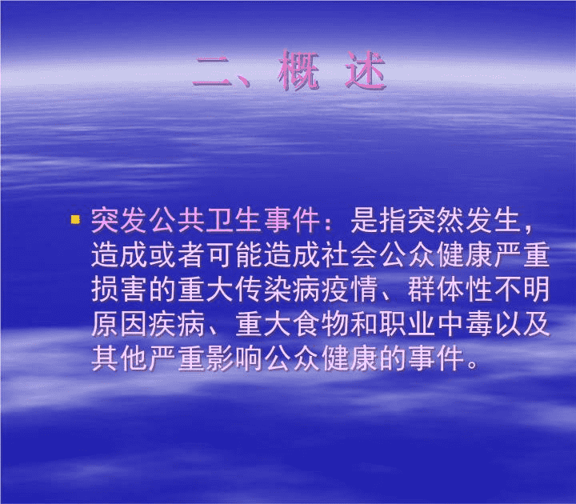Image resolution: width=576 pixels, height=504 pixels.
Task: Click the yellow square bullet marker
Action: pyautogui.click(x=75, y=220)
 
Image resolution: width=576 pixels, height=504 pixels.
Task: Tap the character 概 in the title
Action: pyautogui.click(x=298, y=70)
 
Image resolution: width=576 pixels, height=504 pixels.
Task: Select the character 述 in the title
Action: pyautogui.click(x=365, y=70)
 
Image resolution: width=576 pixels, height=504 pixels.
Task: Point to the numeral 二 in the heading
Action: pyautogui.click(x=213, y=71)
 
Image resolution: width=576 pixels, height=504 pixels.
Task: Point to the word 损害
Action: pyautogui.click(x=120, y=289)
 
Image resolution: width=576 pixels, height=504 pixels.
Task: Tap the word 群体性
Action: pyautogui.click(x=450, y=289)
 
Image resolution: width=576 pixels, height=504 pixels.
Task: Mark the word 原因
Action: pyautogui.click(x=120, y=324)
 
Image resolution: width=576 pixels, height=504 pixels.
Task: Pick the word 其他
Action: pyautogui.click(x=120, y=358)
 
